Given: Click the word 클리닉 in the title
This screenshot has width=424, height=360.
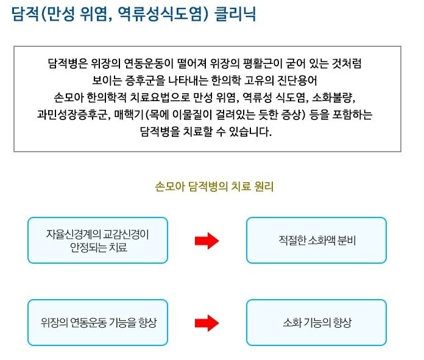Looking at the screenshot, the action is (x=235, y=14).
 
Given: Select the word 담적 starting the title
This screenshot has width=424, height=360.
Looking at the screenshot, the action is (x=26, y=14).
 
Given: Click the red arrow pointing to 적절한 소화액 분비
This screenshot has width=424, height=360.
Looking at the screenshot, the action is (x=207, y=241).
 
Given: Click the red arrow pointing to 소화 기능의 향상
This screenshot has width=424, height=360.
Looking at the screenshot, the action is (x=207, y=323).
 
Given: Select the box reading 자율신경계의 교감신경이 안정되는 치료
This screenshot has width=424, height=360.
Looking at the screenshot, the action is (x=97, y=240).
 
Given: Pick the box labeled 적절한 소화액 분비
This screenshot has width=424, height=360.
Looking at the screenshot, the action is (x=316, y=240).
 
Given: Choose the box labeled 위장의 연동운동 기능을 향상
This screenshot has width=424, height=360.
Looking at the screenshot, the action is (x=97, y=322).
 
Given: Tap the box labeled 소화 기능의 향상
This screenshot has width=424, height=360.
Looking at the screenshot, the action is (x=316, y=322).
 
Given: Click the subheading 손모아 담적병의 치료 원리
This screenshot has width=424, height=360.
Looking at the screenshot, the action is (x=214, y=186).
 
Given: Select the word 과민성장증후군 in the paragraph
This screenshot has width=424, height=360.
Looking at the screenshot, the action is (x=72, y=115).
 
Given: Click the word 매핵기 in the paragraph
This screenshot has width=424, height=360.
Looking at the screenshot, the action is (x=129, y=115).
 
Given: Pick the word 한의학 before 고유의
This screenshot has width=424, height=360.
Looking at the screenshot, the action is (x=226, y=80).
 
